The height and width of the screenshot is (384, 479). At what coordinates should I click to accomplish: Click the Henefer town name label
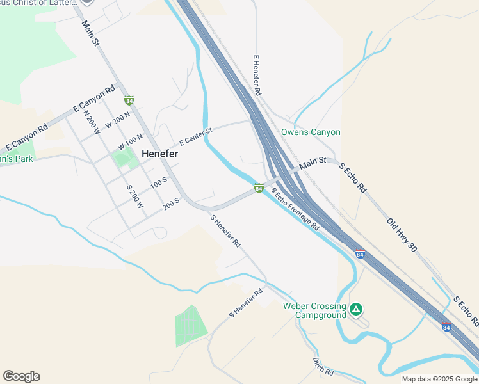click(159, 154)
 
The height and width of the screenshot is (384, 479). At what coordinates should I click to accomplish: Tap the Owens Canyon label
click(311, 132)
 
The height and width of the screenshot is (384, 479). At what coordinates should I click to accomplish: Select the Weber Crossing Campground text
click(314, 310)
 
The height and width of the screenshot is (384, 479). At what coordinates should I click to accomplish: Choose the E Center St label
click(195, 134)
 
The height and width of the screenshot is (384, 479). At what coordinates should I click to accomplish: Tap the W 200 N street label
click(118, 120)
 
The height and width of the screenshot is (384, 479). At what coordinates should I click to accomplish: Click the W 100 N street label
click(130, 141)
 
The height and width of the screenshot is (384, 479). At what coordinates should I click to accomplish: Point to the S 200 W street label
click(135, 196)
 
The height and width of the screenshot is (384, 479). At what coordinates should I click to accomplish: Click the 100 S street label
click(159, 184)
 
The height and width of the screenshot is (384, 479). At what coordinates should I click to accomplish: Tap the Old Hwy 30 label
click(402, 234)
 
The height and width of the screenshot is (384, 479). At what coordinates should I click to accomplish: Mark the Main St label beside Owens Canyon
click(313, 164)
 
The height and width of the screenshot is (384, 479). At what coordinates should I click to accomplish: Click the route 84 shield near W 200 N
click(129, 100)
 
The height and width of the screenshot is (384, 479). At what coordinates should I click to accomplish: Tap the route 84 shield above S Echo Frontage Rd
click(259, 188)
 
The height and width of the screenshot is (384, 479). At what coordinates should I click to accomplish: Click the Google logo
click(21, 376)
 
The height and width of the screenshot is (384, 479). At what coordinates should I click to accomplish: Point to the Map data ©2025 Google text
click(439, 379)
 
